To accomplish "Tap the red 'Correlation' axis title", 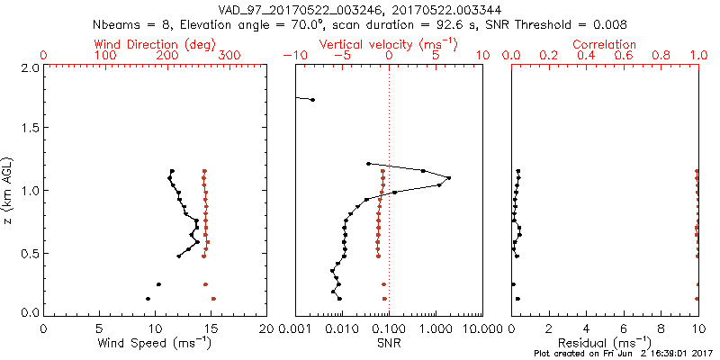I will coord(605,44).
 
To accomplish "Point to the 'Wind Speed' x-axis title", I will coord(156,342).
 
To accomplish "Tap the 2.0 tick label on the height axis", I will coord(30,68).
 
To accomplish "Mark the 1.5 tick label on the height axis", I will coord(30,130).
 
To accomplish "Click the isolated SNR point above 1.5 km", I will coord(312,99).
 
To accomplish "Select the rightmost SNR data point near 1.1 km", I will coord(448,177).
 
